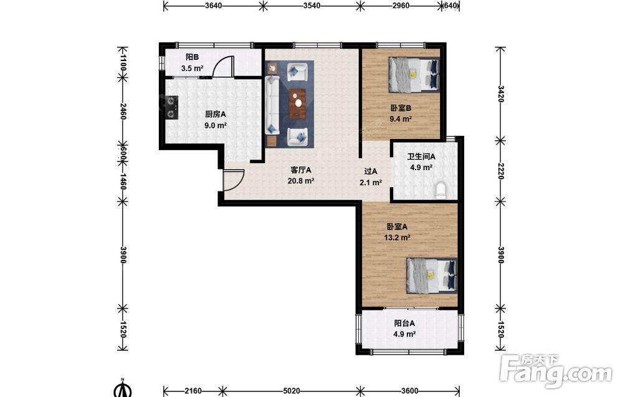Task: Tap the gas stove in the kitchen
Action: pos(172,108)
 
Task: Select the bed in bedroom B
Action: pos(414,74)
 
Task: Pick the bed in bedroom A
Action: pos(432,275)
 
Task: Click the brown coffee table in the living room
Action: pos(298,104)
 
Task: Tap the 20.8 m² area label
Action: pos(301,181)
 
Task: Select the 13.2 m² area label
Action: pos(397,237)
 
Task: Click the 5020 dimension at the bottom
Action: pos(291,391)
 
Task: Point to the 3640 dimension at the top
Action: pos(213,6)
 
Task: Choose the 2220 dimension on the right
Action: pos(501,171)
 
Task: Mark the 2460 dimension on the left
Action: pos(123,112)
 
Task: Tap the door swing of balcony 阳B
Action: pos(223,65)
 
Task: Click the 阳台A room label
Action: pos(404,323)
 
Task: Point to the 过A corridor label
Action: pos(371,171)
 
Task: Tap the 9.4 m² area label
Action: pos(401,119)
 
